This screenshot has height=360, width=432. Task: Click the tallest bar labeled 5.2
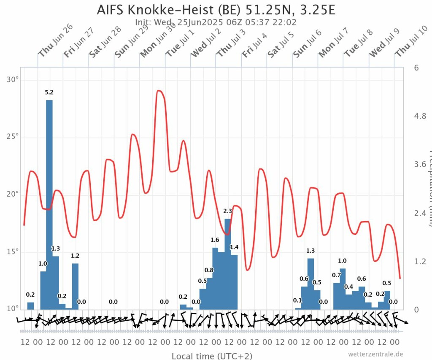pyautogui.click(x=49, y=203)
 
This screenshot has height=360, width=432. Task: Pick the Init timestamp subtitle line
pyautogui.click(x=216, y=22)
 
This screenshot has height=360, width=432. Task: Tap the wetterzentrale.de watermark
pyautogui.click(x=376, y=354)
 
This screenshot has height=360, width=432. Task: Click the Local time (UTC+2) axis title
pyautogui.click(x=212, y=356)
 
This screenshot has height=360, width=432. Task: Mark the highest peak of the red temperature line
pyautogui.click(x=159, y=90)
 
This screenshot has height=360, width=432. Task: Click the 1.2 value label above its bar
pyautogui.click(x=75, y=255)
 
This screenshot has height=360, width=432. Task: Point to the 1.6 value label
pyautogui.click(x=215, y=240)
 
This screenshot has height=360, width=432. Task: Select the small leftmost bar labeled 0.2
pyautogui.click(x=30, y=306)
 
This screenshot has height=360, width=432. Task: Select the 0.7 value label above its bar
pyautogui.click(x=336, y=275)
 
